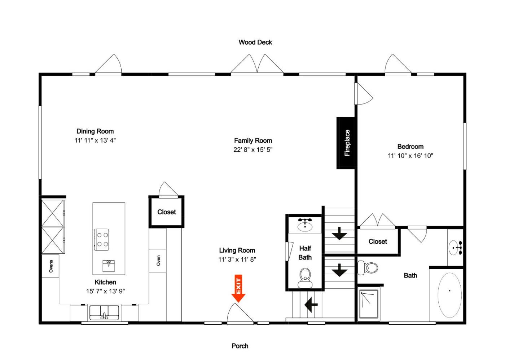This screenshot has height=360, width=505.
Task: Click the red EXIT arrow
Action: click(x=238, y=288)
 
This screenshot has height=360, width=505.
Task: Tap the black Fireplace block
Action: click(x=346, y=143)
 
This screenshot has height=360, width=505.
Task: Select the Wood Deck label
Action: click(x=255, y=43)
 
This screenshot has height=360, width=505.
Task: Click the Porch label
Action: click(x=240, y=346)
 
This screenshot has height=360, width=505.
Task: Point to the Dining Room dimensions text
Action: click(x=95, y=140)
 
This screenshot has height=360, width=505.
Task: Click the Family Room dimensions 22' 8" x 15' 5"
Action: click(x=253, y=150)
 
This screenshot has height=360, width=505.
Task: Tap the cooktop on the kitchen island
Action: click(x=101, y=240)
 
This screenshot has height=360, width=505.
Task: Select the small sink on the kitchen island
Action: click(x=109, y=266)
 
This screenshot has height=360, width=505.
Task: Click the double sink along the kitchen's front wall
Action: click(x=104, y=312)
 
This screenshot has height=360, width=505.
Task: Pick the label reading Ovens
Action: click(x=51, y=266)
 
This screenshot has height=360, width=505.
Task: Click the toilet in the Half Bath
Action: click(x=305, y=278)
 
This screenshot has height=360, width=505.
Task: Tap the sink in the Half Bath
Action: click(x=305, y=225)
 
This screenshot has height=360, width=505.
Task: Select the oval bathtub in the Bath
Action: click(x=449, y=295)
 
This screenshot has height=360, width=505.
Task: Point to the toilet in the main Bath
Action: click(x=368, y=268)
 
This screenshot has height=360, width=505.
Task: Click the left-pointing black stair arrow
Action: click(x=311, y=305)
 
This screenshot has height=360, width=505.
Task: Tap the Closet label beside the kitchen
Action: click(x=167, y=212)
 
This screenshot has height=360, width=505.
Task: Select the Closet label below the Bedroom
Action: click(x=378, y=241)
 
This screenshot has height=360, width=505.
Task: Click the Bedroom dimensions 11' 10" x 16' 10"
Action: click(x=410, y=156)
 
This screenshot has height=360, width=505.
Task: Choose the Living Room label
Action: click(x=237, y=250)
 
